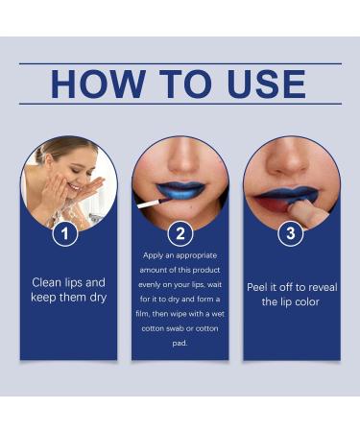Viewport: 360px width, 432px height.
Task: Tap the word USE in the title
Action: [267, 84]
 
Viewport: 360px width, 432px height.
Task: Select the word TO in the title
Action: [186, 84]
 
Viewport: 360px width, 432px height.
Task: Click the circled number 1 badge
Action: [65, 233]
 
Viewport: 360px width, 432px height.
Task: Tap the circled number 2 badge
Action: [180, 233]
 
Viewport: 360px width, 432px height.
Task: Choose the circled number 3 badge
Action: [291, 233]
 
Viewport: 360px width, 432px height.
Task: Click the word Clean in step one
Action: [47, 282]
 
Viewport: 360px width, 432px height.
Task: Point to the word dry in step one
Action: [98, 298]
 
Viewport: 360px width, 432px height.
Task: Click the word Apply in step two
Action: [153, 255]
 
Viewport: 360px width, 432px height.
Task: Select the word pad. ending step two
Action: [180, 343]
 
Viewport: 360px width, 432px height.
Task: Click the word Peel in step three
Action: [256, 287]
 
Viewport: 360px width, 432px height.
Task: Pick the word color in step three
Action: [307, 301]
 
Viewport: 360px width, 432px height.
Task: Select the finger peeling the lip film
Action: [305, 214]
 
